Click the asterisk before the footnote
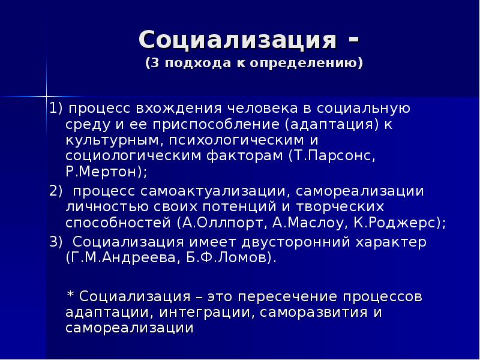pos(70,296)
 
